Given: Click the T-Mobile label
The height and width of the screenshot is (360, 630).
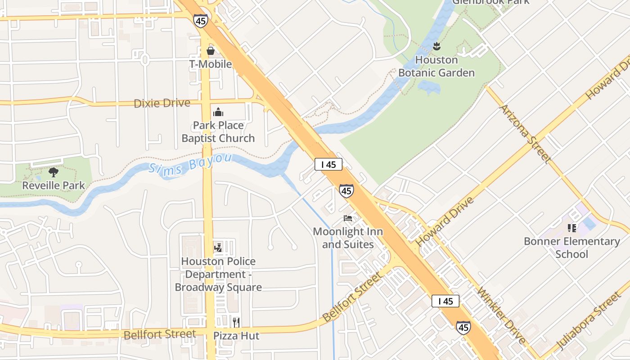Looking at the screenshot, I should (210, 64).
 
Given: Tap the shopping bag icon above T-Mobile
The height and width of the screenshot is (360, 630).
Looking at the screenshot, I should (210, 51).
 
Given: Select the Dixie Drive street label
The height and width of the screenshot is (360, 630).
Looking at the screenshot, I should (162, 103).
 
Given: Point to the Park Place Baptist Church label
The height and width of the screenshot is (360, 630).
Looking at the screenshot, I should (218, 132).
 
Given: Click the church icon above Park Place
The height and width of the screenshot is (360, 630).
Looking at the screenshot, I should (218, 112).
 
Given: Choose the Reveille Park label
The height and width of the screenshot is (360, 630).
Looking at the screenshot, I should (54, 185).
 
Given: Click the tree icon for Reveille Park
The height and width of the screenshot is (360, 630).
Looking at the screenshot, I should (54, 172).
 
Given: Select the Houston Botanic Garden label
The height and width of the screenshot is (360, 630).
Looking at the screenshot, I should (436, 66).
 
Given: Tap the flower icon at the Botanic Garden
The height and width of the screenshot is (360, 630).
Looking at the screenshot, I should (436, 46).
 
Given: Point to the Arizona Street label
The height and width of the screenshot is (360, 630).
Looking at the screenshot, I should (526, 134).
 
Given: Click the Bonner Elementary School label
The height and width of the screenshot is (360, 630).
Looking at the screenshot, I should (572, 247).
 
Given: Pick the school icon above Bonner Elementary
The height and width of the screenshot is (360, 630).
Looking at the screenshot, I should (572, 228).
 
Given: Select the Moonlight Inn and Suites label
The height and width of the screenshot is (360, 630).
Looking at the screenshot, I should (348, 238).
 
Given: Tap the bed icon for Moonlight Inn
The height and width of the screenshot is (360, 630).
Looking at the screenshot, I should (348, 218).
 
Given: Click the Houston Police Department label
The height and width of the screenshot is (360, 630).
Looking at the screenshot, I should (218, 274).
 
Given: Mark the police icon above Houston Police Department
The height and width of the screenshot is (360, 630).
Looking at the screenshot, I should (218, 247).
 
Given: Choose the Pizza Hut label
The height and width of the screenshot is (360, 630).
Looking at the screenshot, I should (236, 336).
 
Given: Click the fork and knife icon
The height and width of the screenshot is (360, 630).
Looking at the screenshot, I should (236, 322).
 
